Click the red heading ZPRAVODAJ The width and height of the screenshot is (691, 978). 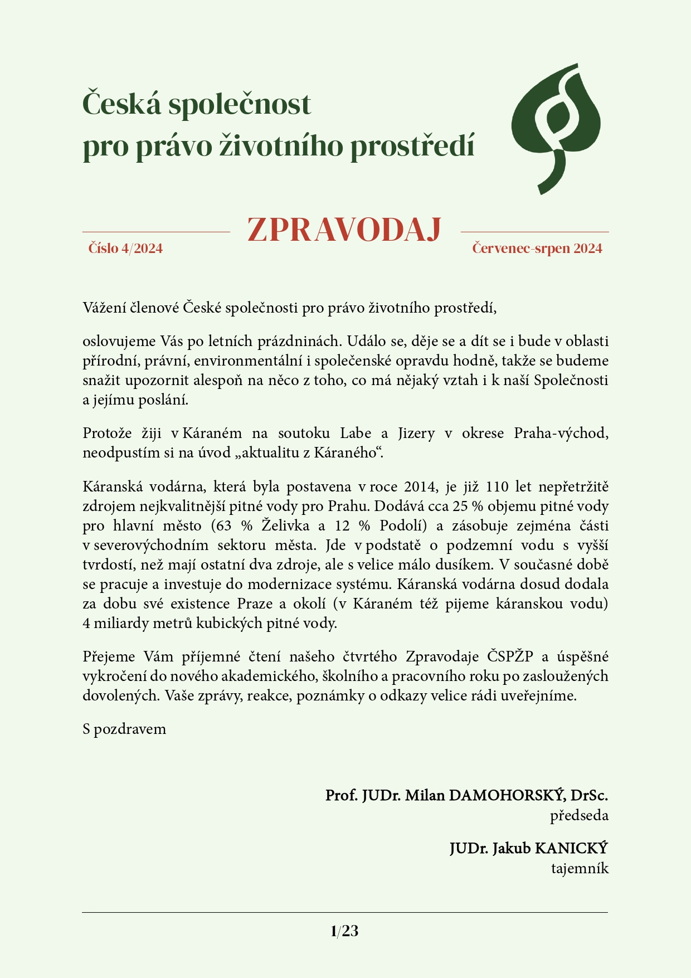coord(344,230)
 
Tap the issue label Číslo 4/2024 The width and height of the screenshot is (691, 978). coord(125,249)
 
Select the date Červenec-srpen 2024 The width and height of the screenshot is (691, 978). coord(537,249)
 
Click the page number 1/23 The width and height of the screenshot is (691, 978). coord(344,931)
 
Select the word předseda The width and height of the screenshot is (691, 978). coord(579,816)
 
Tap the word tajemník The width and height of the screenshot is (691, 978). coord(580,868)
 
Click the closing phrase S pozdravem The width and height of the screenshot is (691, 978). coord(124,729)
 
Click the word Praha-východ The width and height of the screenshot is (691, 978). coord(561,434)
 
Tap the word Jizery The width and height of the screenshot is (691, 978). coord(416,434)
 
